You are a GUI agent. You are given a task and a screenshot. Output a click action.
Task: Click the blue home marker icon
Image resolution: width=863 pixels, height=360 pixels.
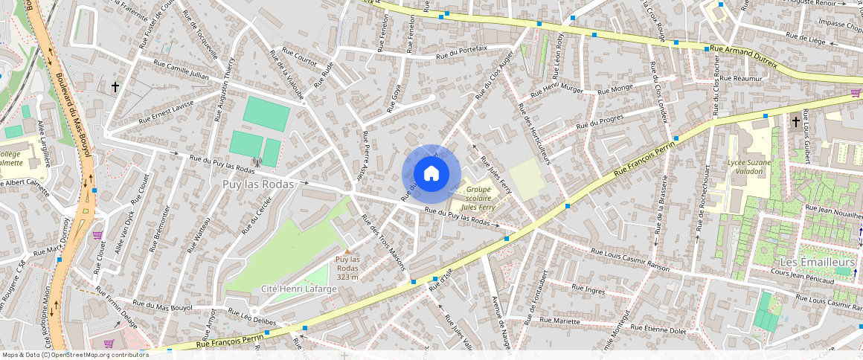pyautogui.click(x=431, y=173)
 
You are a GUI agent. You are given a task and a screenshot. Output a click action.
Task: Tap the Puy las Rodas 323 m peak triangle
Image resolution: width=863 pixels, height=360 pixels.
pyautogui.click(x=346, y=251)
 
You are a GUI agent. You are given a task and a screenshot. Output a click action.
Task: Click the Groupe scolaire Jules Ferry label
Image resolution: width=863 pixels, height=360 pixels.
pyautogui.click(x=478, y=199)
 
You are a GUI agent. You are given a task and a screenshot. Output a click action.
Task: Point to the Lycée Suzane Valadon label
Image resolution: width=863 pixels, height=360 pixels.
pyautogui.click(x=748, y=167)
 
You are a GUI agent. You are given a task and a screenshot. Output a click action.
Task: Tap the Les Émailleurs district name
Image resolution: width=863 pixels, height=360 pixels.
pyautogui.click(x=817, y=263)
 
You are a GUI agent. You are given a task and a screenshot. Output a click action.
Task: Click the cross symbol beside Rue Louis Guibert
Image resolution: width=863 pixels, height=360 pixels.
pyautogui.click(x=795, y=121)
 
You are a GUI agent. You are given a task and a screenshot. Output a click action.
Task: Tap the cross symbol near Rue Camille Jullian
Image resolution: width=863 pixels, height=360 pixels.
pyautogui.click(x=115, y=87)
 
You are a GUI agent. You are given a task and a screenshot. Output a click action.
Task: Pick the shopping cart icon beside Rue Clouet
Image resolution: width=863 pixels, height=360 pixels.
pyautogui.click(x=97, y=235)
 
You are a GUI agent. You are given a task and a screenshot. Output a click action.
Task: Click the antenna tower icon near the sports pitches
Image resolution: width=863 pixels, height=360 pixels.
pyautogui.click(x=257, y=161)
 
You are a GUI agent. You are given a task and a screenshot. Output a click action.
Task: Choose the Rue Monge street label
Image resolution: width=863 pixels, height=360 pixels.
pyautogui.click(x=615, y=89)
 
